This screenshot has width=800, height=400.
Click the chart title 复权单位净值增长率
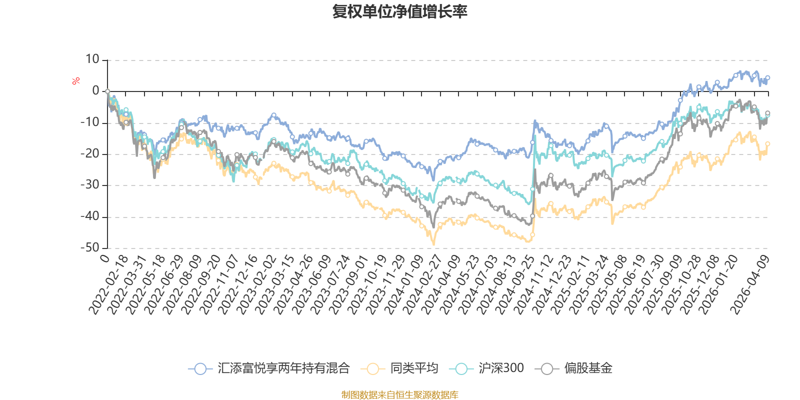pos(400,11)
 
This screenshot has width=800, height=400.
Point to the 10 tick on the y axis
pos(92,60)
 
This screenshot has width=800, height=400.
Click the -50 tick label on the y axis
pos(90,248)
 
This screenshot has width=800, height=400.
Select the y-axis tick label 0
pos(95,91)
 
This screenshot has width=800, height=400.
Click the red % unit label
pos(76,81)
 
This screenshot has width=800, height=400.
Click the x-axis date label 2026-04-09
pos(749,284)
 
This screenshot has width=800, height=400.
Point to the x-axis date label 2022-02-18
pos(109,284)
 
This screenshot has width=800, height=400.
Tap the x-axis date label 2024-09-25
pos(515,284)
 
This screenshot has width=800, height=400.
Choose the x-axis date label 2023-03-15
pos(275,284)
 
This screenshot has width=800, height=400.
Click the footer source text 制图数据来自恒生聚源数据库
pos(400,395)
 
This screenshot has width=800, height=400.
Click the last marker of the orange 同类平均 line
pos(768,144)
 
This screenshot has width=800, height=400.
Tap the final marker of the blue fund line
pos(768,77)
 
